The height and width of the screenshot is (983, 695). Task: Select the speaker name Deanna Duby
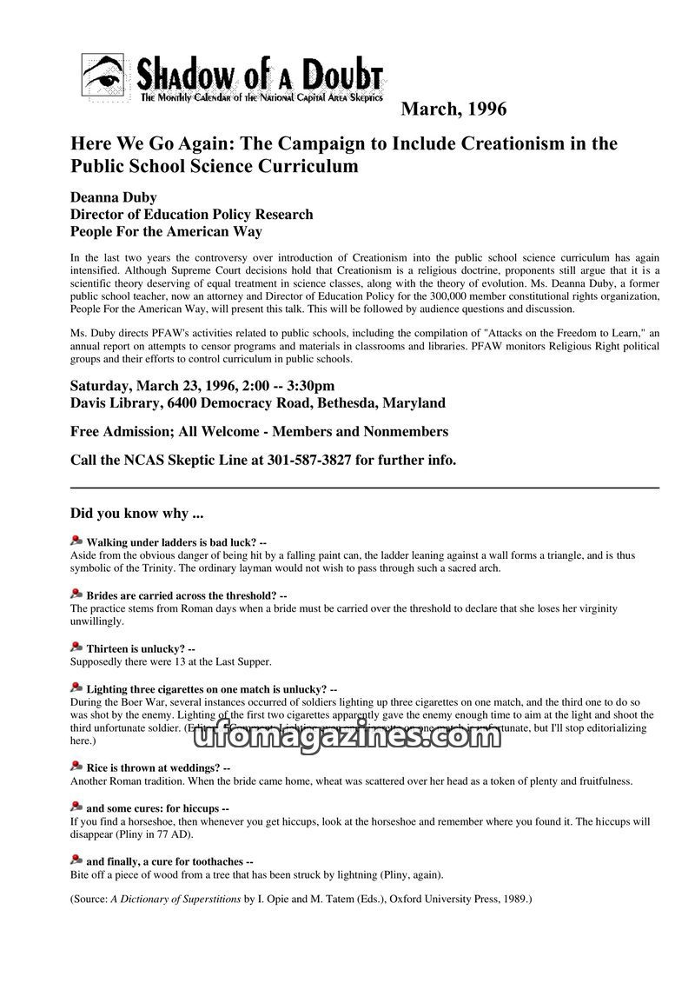pyautogui.click(x=113, y=197)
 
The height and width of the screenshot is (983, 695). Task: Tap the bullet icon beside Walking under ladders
pyautogui.click(x=76, y=541)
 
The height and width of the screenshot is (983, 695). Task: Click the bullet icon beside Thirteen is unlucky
pyautogui.click(x=76, y=648)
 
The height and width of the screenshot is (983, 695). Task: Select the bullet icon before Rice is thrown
pyautogui.click(x=76, y=767)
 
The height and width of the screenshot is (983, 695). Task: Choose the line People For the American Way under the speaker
pyautogui.click(x=166, y=231)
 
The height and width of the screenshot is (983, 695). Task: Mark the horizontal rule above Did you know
pyautogui.click(x=364, y=488)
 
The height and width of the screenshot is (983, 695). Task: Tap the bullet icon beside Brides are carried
pyautogui.click(x=76, y=595)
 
